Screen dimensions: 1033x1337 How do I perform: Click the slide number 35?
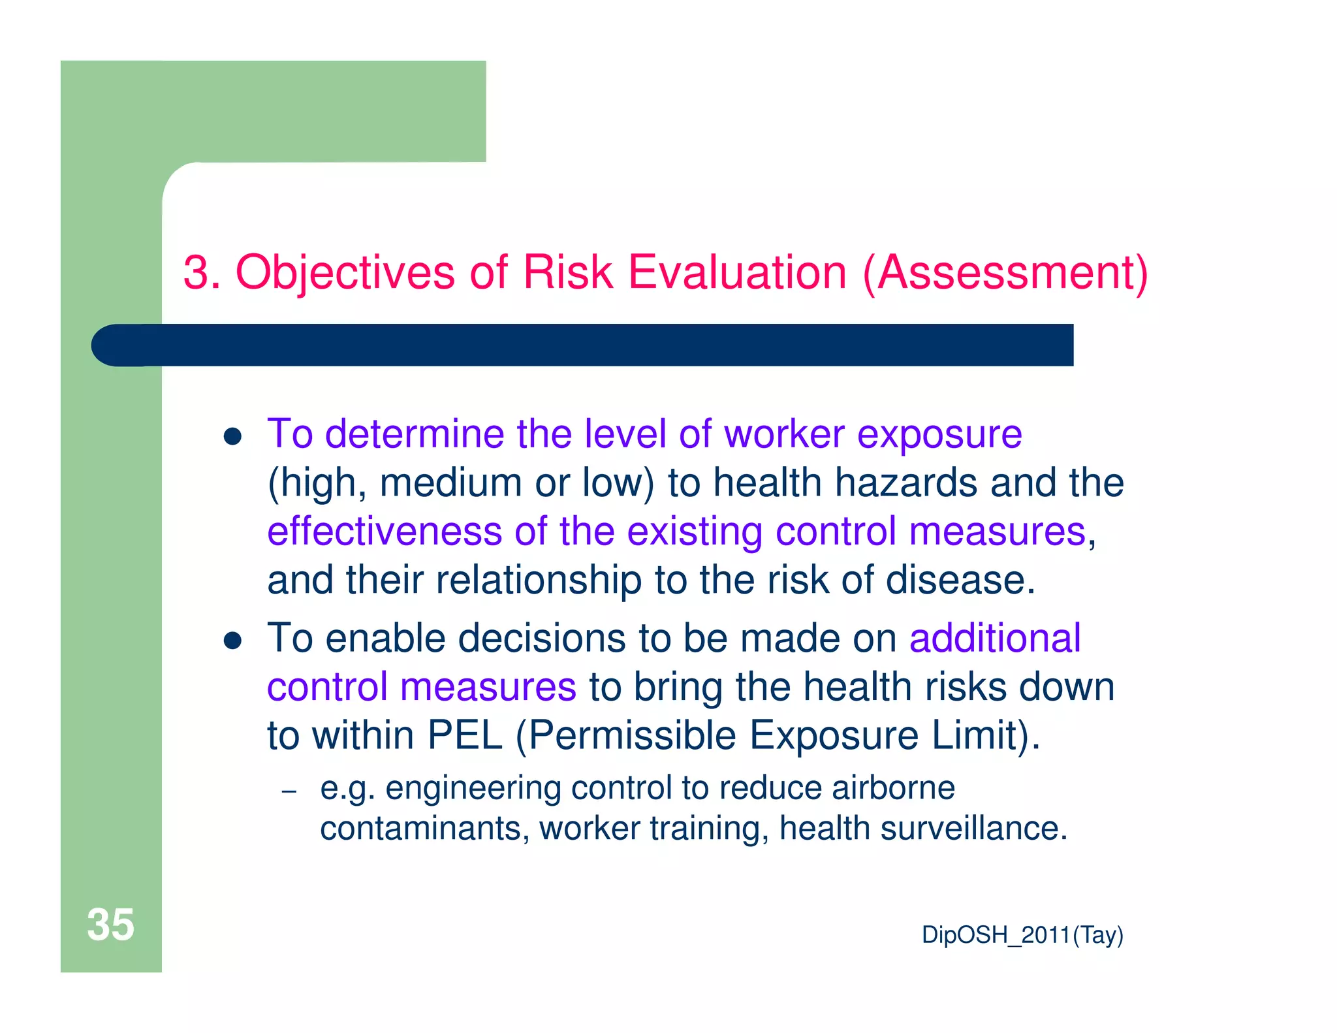[110, 925]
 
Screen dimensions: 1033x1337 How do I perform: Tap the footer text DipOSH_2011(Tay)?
[1022, 935]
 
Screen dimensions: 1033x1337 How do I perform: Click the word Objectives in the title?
[345, 272]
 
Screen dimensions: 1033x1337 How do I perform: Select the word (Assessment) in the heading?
[1005, 274]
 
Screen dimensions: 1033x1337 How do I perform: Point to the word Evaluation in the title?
[737, 272]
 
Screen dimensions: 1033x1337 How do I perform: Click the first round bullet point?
[232, 436]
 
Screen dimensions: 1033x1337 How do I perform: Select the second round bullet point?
[232, 641]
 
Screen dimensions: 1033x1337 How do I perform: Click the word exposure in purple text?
[939, 435]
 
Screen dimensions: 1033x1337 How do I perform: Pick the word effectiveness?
[385, 531]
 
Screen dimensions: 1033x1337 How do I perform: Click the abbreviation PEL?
[465, 735]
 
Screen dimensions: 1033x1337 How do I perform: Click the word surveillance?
[973, 828]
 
